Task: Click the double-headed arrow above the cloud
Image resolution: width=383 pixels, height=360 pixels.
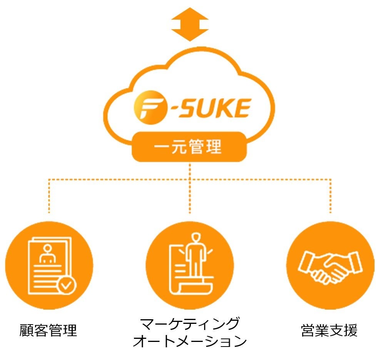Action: pyautogui.click(x=189, y=24)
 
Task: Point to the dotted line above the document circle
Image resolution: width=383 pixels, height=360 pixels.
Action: pyautogui.click(x=49, y=196)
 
